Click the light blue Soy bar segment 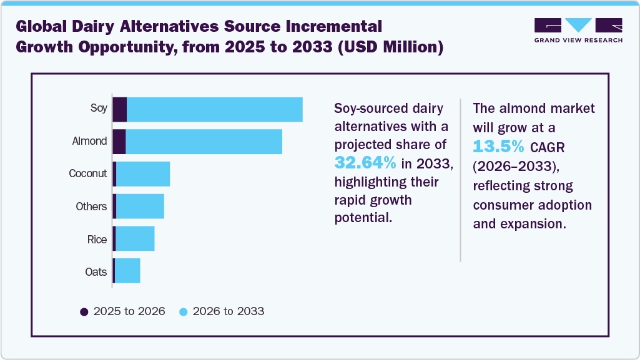pos(215,110)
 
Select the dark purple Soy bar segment pos(120,110)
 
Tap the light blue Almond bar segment pos(204,142)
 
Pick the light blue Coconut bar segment pos(143,174)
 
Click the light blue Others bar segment pos(140,207)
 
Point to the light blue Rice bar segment pos(135,239)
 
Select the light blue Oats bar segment pos(127,271)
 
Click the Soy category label pos(99,109)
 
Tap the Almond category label pos(89,141)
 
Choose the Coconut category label pos(88,173)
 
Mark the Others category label pos(91,207)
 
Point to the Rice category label pos(97,239)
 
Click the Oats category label pos(96,271)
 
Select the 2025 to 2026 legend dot pos(84,311)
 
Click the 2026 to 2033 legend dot pos(184,311)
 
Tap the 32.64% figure pos(366,163)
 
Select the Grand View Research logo pos(578,31)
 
